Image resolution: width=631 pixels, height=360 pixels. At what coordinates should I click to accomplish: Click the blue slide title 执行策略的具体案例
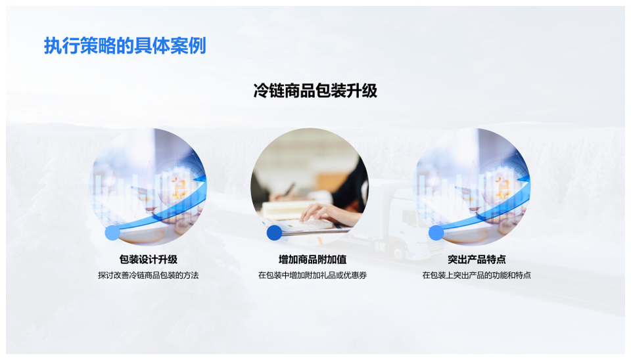pyautogui.click(x=125, y=45)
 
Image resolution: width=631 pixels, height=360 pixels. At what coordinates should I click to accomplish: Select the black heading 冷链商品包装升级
pyautogui.click(x=315, y=91)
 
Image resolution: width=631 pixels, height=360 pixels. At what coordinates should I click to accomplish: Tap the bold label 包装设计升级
pyautogui.click(x=148, y=259)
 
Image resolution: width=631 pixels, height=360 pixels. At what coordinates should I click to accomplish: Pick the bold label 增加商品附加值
pyautogui.click(x=312, y=259)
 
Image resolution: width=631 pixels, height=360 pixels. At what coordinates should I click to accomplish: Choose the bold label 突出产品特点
pyautogui.click(x=477, y=259)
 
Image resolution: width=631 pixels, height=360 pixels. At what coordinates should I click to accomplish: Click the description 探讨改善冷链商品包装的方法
pyautogui.click(x=148, y=275)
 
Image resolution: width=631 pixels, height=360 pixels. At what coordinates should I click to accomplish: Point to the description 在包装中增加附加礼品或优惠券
pyautogui.click(x=312, y=275)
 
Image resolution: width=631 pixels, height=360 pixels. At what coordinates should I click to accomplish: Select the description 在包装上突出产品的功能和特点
pyautogui.click(x=477, y=275)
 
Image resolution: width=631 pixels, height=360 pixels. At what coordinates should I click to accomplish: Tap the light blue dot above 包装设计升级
pyautogui.click(x=112, y=233)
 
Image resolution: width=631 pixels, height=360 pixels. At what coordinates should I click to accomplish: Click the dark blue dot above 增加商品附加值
pyautogui.click(x=274, y=233)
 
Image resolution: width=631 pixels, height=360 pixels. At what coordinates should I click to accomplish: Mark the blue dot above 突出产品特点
pyautogui.click(x=436, y=233)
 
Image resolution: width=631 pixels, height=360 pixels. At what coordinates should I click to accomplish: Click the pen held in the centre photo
pyautogui.click(x=289, y=189)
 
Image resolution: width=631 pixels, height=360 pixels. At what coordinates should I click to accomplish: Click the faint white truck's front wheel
pyautogui.click(x=398, y=252)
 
